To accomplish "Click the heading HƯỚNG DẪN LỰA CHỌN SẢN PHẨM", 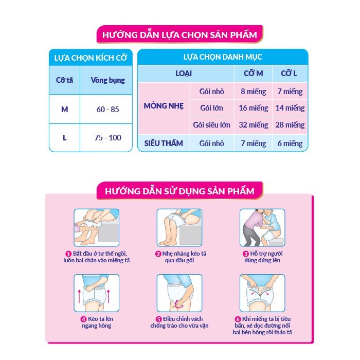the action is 179,35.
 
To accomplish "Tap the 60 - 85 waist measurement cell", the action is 107,109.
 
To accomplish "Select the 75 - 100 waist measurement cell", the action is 107,137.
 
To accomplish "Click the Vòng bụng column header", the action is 107,80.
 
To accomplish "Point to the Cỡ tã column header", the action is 64,80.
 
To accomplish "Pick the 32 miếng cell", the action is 253,125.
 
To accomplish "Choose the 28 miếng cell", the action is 290,125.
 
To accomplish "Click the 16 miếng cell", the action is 253,108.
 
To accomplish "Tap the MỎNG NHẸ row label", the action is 164,106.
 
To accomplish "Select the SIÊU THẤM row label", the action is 164,143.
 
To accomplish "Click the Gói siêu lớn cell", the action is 211,125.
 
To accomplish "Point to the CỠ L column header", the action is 289,74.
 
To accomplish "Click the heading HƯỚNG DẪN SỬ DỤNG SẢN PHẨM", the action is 179,191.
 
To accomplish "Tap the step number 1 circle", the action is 68,254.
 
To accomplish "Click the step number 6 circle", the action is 238,319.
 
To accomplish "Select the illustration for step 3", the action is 262,227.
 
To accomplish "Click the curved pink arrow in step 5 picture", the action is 178,304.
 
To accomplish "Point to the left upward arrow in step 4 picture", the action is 79,296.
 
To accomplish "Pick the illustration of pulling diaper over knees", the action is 179,227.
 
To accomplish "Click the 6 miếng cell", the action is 290,143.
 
